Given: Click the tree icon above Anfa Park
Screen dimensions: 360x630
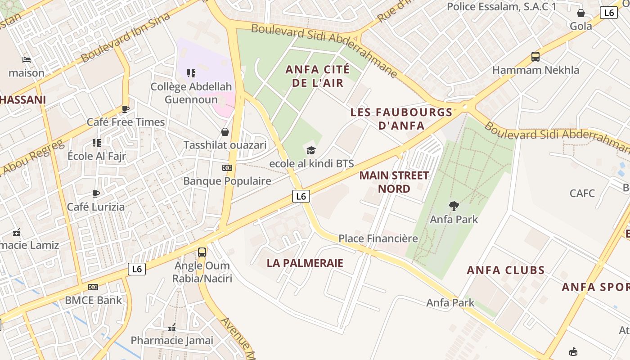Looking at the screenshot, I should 454,206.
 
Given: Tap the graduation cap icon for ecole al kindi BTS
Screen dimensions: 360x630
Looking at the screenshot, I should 311,150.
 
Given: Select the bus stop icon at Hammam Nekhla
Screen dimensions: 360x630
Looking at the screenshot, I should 535,57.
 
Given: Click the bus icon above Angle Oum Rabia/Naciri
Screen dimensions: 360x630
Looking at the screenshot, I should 202,252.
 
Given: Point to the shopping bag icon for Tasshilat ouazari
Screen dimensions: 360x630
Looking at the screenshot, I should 225,132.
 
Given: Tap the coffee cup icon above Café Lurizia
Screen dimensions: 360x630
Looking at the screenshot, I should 96,194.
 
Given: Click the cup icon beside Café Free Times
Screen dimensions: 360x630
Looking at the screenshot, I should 126,109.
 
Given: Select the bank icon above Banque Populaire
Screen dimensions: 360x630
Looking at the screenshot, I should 227,168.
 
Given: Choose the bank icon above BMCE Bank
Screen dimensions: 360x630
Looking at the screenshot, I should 93,287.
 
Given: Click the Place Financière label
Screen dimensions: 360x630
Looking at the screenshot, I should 378,238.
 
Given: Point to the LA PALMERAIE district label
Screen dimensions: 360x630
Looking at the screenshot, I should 305,263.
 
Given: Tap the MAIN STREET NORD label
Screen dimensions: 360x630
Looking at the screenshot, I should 394,182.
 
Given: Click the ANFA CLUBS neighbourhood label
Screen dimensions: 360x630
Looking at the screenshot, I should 505,270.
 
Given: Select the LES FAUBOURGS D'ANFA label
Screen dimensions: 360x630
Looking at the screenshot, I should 401,119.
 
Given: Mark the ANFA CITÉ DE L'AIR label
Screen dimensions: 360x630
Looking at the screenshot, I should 318,76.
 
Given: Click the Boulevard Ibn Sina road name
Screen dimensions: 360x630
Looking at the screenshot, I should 126,37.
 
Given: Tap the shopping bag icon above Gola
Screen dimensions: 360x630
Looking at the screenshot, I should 581,13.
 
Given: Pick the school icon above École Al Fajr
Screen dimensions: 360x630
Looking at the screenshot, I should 96,143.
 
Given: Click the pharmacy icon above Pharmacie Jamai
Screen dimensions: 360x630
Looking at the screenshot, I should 171,328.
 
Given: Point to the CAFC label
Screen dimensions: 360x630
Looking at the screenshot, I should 582,193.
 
